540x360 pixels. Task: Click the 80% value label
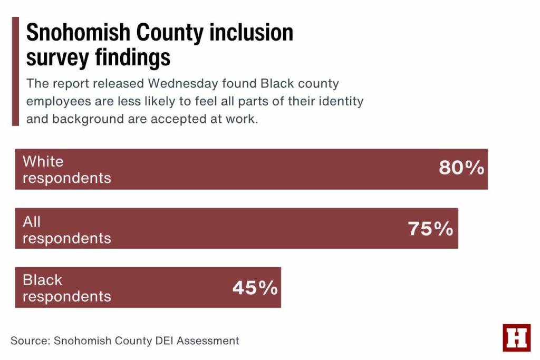pyautogui.click(x=461, y=169)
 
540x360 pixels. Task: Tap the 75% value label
pyautogui.click(x=430, y=229)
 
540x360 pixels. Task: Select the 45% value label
pyautogui.click(x=255, y=288)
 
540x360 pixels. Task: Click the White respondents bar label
pyautogui.click(x=66, y=169)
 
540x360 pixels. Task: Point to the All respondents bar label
pyautogui.click(x=66, y=230)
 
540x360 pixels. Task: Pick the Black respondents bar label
pyautogui.click(x=66, y=288)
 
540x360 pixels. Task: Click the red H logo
pyautogui.click(x=516, y=337)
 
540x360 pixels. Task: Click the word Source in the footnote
pyautogui.click(x=30, y=340)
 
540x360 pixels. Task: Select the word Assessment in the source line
pyautogui.click(x=208, y=340)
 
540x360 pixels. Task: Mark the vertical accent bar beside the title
pyautogui.click(x=15, y=71)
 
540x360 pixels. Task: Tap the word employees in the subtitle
pyautogui.click(x=58, y=101)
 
